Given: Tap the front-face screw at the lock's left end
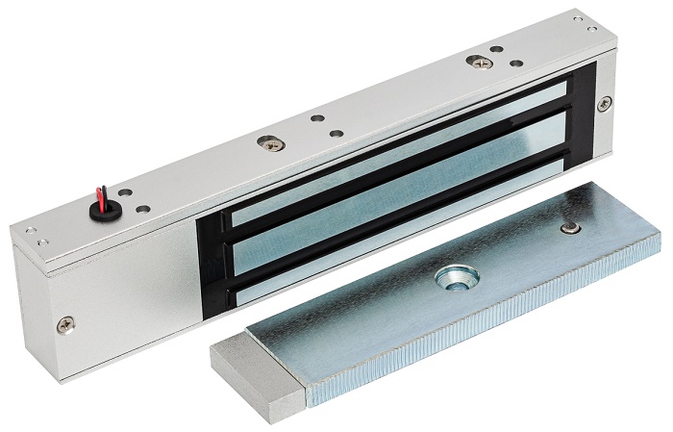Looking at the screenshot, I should coord(65,325).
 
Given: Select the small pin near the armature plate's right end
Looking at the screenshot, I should coord(572,228).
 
